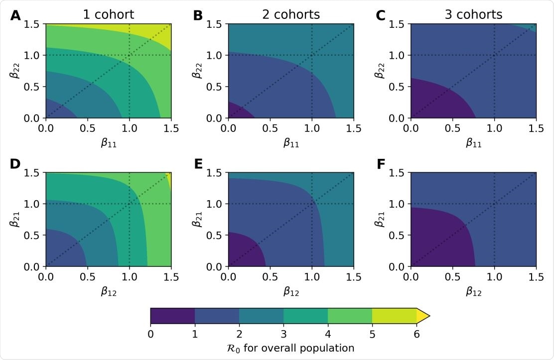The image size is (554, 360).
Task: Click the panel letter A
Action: click(x=16, y=16)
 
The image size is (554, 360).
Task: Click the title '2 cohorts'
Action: click(x=291, y=15)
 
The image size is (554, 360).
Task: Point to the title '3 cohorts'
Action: click(x=473, y=15)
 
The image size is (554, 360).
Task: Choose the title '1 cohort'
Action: click(x=108, y=15)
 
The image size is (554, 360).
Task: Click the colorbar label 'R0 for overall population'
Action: click(x=289, y=348)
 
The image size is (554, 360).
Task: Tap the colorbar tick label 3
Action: click(x=283, y=334)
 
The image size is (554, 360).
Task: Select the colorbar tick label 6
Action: click(x=416, y=334)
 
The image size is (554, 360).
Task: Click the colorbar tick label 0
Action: click(x=150, y=334)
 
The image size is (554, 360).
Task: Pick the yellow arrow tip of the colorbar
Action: click(x=422, y=316)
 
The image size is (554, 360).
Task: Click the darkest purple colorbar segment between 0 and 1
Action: click(x=172, y=316)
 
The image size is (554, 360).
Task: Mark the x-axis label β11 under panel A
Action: click(x=108, y=142)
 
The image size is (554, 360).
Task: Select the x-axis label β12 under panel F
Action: click(x=473, y=291)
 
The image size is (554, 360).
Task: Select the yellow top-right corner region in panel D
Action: click(x=168, y=179)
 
